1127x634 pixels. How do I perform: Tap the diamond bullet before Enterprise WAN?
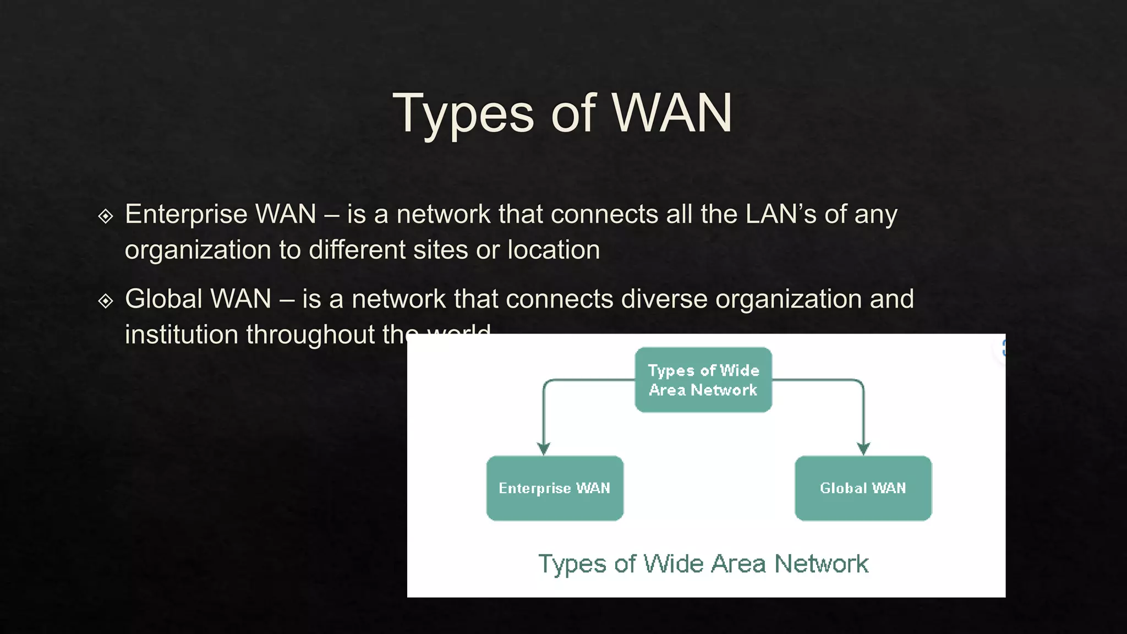point(105,216)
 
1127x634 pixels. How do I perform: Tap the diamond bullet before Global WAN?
point(105,300)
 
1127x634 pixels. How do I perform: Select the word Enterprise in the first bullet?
point(185,215)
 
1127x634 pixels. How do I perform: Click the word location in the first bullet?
point(553,250)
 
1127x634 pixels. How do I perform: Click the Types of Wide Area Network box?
point(703,380)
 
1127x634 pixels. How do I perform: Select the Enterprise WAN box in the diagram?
point(555,488)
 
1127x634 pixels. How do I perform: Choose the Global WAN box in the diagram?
point(863,488)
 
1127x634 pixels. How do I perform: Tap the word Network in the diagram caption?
point(821,564)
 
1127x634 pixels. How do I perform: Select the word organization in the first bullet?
point(198,250)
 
